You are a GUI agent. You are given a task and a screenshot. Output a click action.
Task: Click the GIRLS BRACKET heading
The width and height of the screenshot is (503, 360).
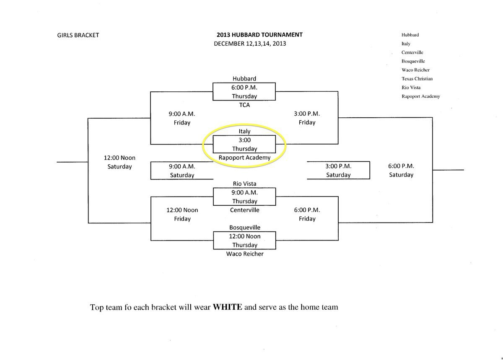pyautogui.click(x=78, y=35)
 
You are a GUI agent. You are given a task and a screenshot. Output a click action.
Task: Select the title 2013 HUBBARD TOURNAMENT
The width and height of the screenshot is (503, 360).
pyautogui.click(x=259, y=35)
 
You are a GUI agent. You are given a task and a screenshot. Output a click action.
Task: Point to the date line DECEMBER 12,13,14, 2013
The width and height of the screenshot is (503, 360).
pyautogui.click(x=250, y=44)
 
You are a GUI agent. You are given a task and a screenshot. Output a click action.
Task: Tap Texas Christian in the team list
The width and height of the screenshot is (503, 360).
pyautogui.click(x=417, y=79)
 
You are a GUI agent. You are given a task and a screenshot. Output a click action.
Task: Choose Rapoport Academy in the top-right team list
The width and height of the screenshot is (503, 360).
pyautogui.click(x=420, y=96)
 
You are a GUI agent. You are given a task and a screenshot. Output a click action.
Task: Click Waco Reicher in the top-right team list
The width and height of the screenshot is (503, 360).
pyautogui.click(x=415, y=70)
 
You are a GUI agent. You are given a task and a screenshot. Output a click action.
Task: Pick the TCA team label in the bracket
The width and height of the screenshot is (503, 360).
pyautogui.click(x=244, y=105)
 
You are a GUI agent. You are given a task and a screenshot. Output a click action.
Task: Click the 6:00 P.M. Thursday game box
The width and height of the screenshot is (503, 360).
pyautogui.click(x=244, y=92)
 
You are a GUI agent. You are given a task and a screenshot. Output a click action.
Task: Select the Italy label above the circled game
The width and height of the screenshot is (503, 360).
pyautogui.click(x=244, y=131)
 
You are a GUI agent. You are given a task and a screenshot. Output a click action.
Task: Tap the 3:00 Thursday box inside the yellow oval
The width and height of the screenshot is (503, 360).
pyautogui.click(x=244, y=145)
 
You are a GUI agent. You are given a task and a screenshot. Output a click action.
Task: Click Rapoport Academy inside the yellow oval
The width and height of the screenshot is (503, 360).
pyautogui.click(x=244, y=158)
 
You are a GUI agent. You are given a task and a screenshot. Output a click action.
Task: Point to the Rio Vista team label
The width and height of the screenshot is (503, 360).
pyautogui.click(x=244, y=184)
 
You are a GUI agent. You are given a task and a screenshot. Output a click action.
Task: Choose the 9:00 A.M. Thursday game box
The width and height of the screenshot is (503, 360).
pyautogui.click(x=244, y=197)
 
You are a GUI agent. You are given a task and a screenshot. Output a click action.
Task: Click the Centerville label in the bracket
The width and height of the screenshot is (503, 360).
pyautogui.click(x=244, y=210)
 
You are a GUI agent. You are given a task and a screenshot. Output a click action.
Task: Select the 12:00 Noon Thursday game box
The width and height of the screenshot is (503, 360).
pyautogui.click(x=244, y=241)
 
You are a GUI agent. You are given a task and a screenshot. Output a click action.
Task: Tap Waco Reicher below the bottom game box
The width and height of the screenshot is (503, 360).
pyautogui.click(x=244, y=254)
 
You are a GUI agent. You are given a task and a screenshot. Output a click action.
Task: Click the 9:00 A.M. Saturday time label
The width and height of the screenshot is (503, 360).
pyautogui.click(x=182, y=171)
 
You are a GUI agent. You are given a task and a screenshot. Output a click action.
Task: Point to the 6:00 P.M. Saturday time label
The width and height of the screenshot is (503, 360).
pyautogui.click(x=401, y=170)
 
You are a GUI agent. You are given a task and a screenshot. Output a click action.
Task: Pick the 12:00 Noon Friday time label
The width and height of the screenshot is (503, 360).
pyautogui.click(x=182, y=214)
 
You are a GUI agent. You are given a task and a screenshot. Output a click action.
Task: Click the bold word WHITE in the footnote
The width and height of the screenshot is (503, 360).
pyautogui.click(x=228, y=307)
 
